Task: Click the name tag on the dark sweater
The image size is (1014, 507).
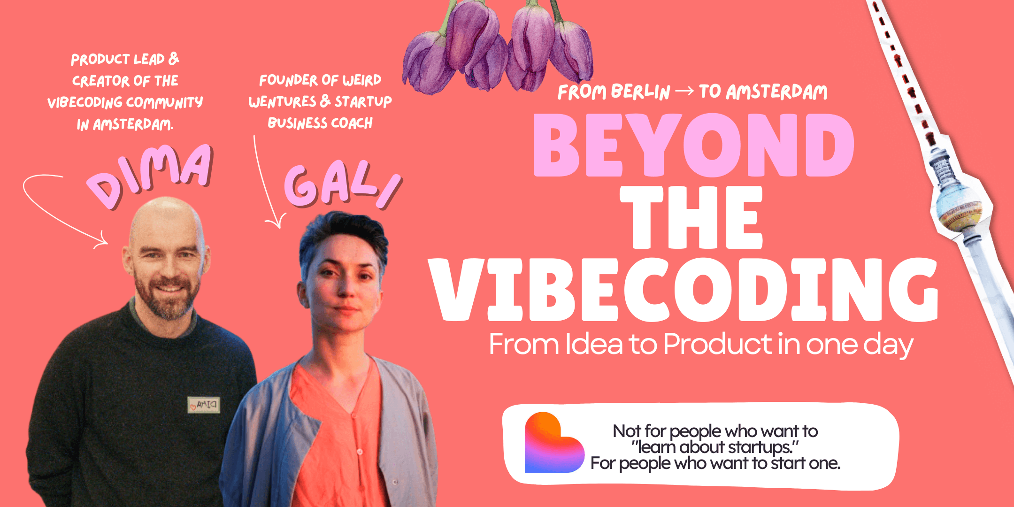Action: pyautogui.click(x=204, y=405)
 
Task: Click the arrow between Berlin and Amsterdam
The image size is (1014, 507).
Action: pyautogui.click(x=684, y=91)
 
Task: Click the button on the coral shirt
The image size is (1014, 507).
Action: pyautogui.click(x=360, y=451)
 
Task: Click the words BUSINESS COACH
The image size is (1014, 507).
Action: pyautogui.click(x=320, y=123)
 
